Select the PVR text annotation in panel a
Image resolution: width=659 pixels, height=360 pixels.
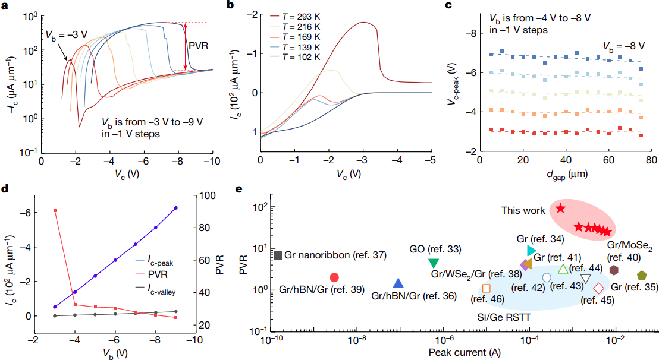point(198,45)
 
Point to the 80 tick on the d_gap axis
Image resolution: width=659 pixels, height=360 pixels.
point(650,161)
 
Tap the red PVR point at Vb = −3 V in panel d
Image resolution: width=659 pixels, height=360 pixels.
point(55,211)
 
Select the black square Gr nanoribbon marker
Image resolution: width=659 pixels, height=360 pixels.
point(278,255)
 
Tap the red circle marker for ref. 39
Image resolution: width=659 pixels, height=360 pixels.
point(334,277)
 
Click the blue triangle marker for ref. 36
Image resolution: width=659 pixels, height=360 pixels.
point(398,283)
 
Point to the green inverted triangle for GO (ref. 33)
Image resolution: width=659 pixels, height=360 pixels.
point(434,263)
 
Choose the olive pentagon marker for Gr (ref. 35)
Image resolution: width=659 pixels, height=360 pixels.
point(641,276)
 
